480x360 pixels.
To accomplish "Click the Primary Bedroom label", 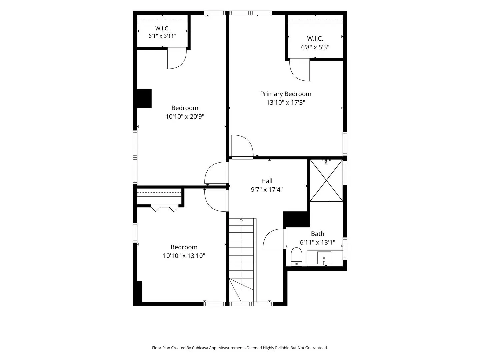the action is coord(285,94).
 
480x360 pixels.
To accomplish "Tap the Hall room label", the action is coord(267,181).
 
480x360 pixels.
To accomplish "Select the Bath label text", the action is coord(317,234).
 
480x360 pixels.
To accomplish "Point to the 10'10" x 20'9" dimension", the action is coord(185,117).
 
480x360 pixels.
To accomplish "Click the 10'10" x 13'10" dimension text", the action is coord(184,256).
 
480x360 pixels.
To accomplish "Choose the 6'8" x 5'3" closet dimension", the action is coord(315,47).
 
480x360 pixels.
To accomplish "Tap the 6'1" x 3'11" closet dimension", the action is coord(162,36).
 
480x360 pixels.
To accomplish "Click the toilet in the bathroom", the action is coord(296,257).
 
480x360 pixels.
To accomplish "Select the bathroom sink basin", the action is coord(324,258).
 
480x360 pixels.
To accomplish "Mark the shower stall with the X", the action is coord(326,181).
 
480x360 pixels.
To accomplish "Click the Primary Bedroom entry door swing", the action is coord(242,146).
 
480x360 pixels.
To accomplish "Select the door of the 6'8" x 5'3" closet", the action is coord(299,70).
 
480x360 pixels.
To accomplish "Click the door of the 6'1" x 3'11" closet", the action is coord(177,58).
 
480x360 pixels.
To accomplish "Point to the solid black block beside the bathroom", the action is coord(296,219).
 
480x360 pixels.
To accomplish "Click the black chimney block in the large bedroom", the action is coord(144,99).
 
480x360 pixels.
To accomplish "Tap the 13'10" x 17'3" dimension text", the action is coord(286,103).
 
